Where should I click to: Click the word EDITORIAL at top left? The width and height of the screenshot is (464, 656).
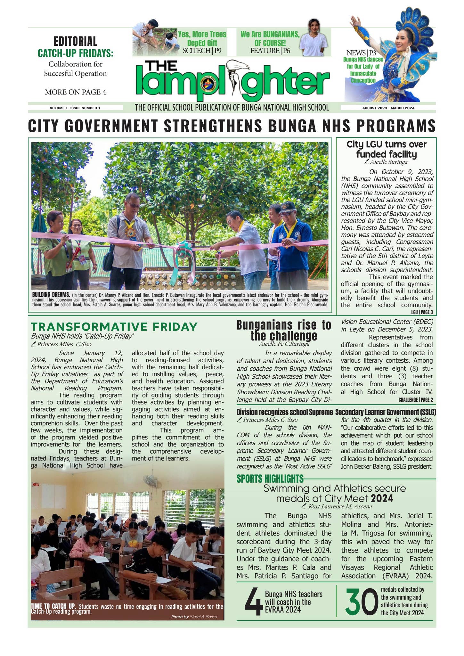click(75, 41)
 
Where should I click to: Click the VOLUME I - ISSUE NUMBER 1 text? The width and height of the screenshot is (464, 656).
click(75, 108)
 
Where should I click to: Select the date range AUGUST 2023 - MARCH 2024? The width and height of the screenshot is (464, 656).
click(388, 108)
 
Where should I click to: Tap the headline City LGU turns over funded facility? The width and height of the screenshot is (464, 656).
click(386, 149)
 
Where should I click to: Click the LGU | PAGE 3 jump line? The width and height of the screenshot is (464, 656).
click(422, 312)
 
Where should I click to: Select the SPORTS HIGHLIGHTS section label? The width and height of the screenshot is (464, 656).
click(270, 479)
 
